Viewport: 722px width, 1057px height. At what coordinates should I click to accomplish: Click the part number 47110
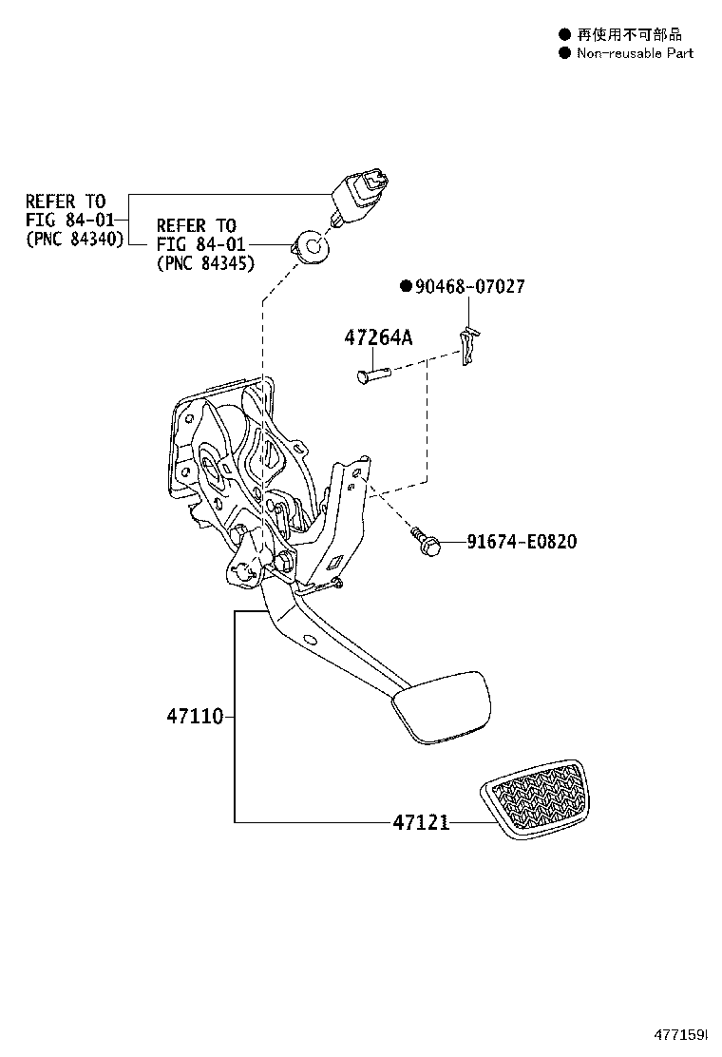(197, 716)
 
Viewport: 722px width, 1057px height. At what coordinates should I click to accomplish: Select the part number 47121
(420, 821)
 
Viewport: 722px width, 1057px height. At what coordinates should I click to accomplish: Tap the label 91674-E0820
(521, 543)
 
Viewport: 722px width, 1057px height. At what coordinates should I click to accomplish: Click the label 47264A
(377, 338)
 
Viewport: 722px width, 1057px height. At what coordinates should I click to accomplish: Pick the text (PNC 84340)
(74, 240)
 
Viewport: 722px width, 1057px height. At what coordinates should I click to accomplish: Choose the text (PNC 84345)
(204, 263)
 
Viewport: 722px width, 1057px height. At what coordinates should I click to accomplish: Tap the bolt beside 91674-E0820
(426, 543)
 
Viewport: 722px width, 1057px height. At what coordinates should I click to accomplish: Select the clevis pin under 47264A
(374, 376)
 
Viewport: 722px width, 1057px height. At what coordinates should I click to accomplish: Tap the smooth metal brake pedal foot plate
(441, 705)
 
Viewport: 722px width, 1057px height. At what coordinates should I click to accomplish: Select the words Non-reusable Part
(635, 53)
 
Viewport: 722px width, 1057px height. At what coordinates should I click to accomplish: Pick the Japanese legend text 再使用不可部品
(623, 34)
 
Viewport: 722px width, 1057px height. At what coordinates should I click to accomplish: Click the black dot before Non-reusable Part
(564, 53)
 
